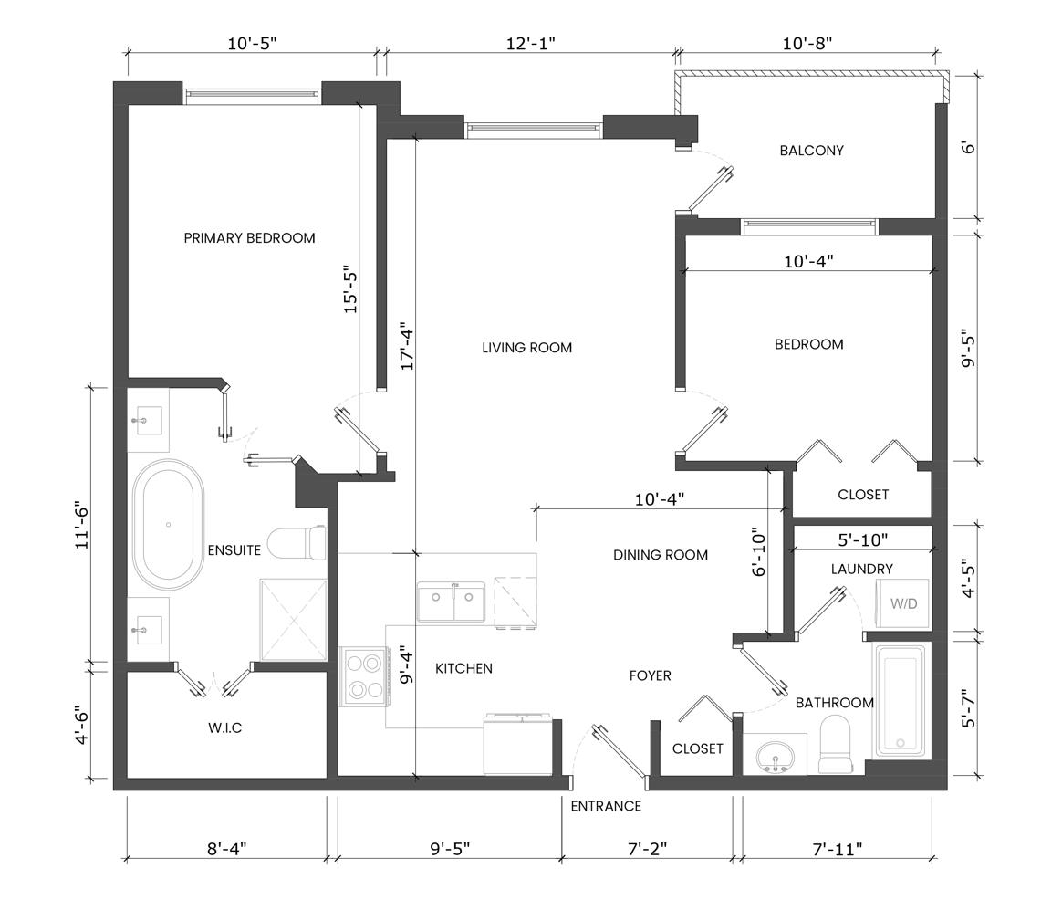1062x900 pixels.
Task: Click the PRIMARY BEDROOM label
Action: pyautogui.click(x=249, y=238)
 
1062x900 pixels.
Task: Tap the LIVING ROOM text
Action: pyautogui.click(x=527, y=348)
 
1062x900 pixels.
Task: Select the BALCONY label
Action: pyautogui.click(x=811, y=151)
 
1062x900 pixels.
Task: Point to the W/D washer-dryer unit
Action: pyautogui.click(x=903, y=603)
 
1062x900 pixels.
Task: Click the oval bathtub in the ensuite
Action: pyautogui.click(x=168, y=524)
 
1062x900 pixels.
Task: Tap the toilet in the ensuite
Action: pyautogui.click(x=297, y=543)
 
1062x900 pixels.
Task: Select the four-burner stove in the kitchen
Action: pyautogui.click(x=363, y=676)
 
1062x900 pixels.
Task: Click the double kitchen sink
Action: pyautogui.click(x=451, y=602)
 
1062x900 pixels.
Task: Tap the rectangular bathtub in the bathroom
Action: pyautogui.click(x=901, y=701)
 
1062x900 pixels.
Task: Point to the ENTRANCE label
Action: pyautogui.click(x=606, y=806)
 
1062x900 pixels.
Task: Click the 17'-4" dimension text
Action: pyautogui.click(x=407, y=345)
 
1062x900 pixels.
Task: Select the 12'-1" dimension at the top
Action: pyautogui.click(x=531, y=44)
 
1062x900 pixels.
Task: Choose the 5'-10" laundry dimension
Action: pyautogui.click(x=863, y=540)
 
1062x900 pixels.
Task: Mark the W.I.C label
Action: pyautogui.click(x=224, y=727)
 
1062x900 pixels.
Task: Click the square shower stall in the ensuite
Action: pyautogui.click(x=293, y=620)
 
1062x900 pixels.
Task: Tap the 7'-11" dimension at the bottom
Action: pyautogui.click(x=838, y=849)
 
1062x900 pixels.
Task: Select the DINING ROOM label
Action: pyautogui.click(x=661, y=555)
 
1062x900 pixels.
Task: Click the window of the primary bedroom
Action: pyautogui.click(x=251, y=93)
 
